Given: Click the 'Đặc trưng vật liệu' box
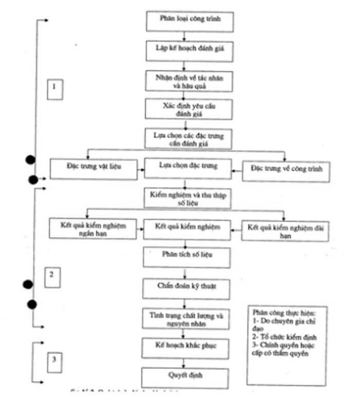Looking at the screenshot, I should pyautogui.click(x=94, y=169).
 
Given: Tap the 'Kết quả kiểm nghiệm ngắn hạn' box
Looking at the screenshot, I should pyautogui.click(x=93, y=228).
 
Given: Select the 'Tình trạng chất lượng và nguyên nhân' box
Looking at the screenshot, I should pyautogui.click(x=186, y=318).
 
